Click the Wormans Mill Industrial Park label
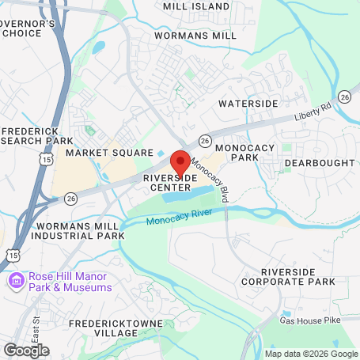click(80, 231)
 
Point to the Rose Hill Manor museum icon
click(17, 281)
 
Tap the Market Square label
click(109, 152)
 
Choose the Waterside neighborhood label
click(248, 104)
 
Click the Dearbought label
click(320, 162)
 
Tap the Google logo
click(26, 350)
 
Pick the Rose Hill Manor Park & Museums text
click(70, 282)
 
